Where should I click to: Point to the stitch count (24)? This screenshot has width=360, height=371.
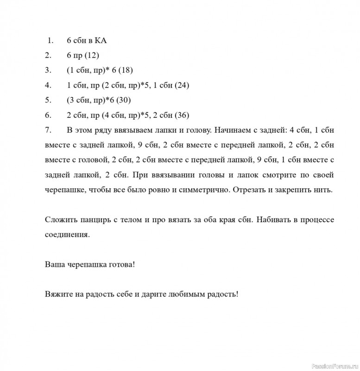pyautogui.click(x=181, y=85)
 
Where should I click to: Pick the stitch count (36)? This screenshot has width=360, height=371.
pyautogui.click(x=181, y=115)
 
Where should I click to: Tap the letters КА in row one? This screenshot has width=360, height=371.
pyautogui.click(x=101, y=41)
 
